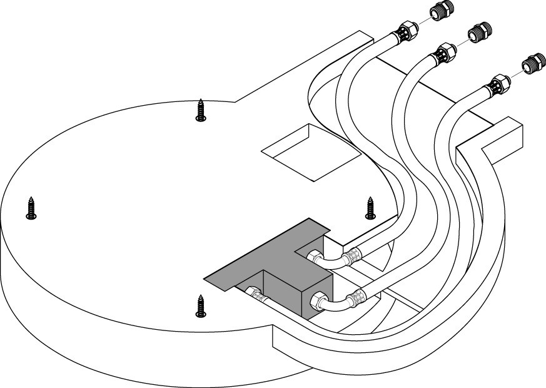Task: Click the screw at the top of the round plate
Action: click(201, 111)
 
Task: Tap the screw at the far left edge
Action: click(31, 208)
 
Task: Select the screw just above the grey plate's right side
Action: click(370, 208)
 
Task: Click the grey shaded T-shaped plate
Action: click(263, 257)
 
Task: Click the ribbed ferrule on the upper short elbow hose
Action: click(353, 255)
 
